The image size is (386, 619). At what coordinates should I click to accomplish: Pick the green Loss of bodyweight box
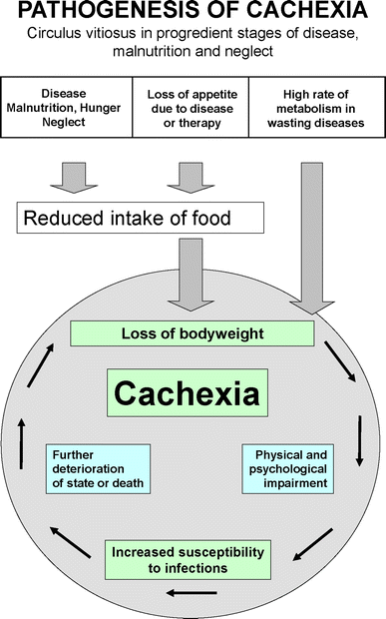click(192, 333)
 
